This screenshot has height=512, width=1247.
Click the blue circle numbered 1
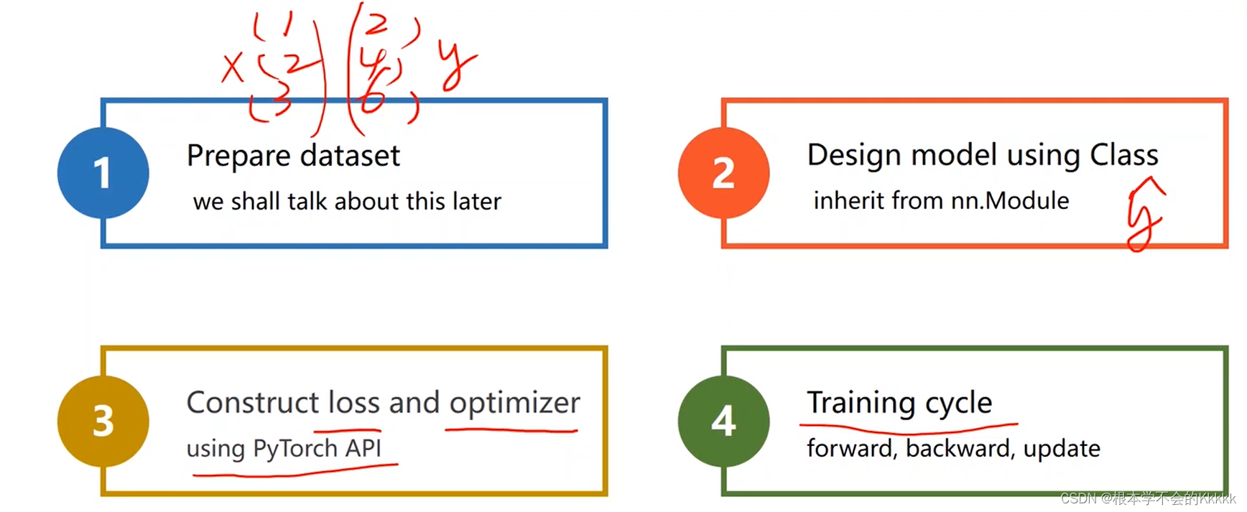[103, 173]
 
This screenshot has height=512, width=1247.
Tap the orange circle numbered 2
[723, 173]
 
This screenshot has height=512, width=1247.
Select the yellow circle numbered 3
[103, 421]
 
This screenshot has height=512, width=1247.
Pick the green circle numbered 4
[723, 421]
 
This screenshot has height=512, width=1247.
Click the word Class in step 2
[1123, 155]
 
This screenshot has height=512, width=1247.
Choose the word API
[363, 448]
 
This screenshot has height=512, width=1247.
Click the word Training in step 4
[861, 403]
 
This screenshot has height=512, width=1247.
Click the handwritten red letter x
[232, 69]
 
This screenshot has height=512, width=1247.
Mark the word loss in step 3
[354, 403]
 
